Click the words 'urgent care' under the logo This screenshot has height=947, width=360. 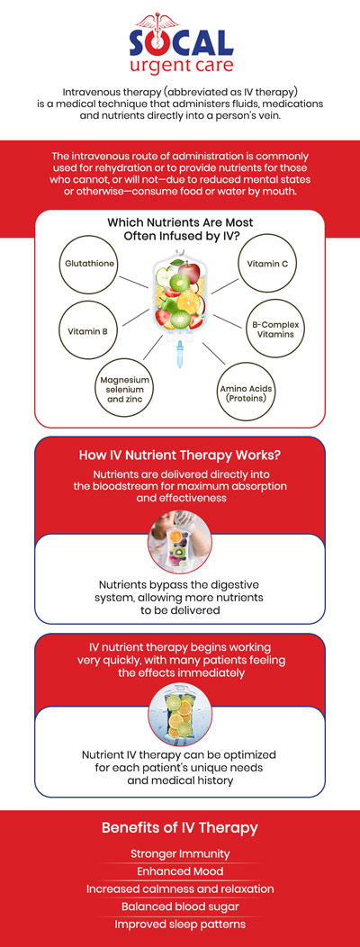(180, 68)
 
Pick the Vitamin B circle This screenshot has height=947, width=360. (86, 331)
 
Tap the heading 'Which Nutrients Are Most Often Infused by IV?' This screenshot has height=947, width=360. (180, 229)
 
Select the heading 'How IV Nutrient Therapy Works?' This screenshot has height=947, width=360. (180, 455)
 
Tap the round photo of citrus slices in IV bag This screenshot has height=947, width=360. (180, 714)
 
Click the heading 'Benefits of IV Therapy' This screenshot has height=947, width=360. (180, 827)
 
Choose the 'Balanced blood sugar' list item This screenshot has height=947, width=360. (180, 907)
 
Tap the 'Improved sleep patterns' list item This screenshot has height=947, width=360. (180, 924)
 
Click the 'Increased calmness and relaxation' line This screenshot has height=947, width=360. (180, 888)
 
